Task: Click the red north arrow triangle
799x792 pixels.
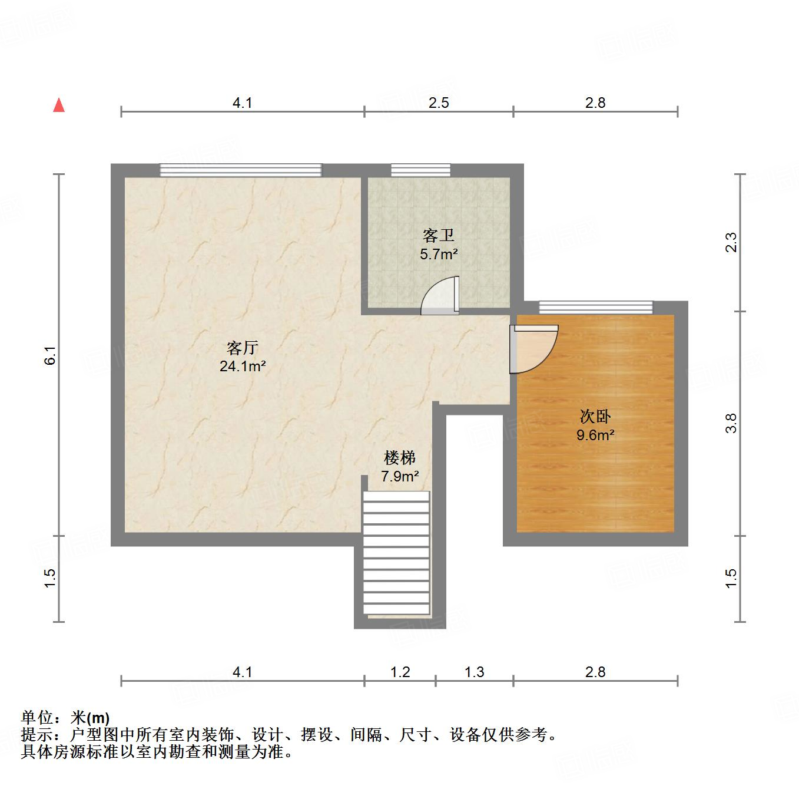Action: click(x=59, y=105)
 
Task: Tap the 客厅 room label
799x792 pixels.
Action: click(x=243, y=348)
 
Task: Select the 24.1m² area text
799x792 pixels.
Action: click(x=243, y=367)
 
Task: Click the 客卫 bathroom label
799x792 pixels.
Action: click(x=439, y=236)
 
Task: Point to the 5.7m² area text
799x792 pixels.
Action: click(x=439, y=255)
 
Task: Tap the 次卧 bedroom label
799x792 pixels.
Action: click(x=595, y=417)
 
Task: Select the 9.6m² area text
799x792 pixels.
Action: click(x=595, y=435)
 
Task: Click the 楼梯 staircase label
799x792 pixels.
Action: click(x=400, y=457)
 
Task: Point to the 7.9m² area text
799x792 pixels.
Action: click(x=400, y=476)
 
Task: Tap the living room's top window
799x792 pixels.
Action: click(x=241, y=170)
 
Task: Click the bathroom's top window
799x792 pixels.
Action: click(x=420, y=170)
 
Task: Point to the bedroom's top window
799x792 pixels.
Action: click(x=595, y=307)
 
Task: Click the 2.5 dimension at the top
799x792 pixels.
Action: click(x=439, y=103)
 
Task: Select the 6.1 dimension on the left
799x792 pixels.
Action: click(x=51, y=355)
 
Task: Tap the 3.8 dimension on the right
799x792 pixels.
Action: click(x=731, y=423)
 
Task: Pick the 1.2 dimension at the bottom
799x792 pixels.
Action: click(x=400, y=672)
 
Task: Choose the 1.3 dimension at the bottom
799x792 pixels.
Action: click(x=474, y=672)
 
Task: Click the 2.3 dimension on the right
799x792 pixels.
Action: click(x=731, y=243)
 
